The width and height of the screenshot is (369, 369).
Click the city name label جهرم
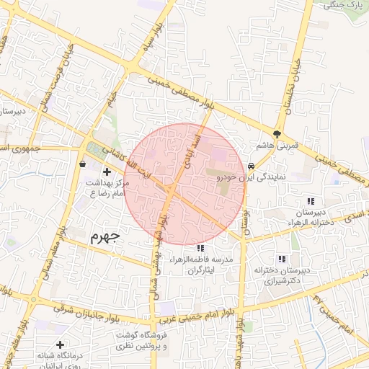coord(106,236)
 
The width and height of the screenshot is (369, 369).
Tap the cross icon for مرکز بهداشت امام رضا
coord(107,172)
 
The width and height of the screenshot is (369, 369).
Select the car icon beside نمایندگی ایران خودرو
coord(251,164)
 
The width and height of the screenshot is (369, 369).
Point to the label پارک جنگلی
coord(342,5)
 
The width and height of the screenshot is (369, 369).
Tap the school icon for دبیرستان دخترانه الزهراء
coord(311,201)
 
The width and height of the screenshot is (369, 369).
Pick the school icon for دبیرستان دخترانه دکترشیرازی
coord(282,259)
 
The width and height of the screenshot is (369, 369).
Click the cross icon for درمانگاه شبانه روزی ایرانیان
coord(60,345)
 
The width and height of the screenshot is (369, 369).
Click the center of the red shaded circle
coord(184,184)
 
